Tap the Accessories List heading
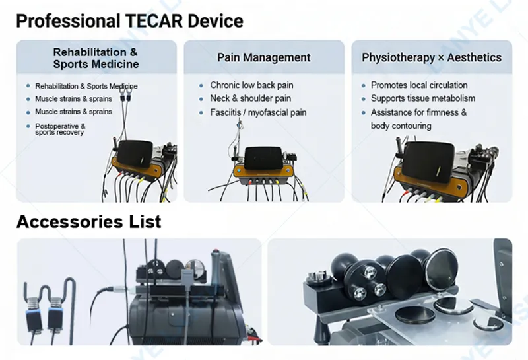tap(88, 221)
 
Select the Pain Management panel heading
tap(263, 57)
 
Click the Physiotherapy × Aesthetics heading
tap(432, 57)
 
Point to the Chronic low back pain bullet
tap(251, 85)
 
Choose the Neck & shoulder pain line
tap(251, 99)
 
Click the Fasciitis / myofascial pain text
tap(258, 113)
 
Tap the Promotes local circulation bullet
tap(419, 85)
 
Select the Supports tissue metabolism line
tap(423, 99)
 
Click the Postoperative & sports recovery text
tap(60, 129)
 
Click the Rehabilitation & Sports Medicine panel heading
tap(96, 58)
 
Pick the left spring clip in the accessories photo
tap(33, 309)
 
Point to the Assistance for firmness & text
tap(418, 113)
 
